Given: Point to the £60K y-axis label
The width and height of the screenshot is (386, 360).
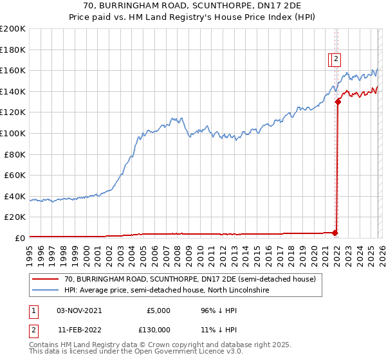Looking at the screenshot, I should (x=14, y=175).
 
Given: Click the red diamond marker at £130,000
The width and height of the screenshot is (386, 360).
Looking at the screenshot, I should (x=338, y=102).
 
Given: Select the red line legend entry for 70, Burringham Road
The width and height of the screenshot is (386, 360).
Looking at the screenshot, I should (x=190, y=280).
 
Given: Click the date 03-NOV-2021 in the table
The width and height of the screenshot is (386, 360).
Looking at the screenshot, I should (x=79, y=310).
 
